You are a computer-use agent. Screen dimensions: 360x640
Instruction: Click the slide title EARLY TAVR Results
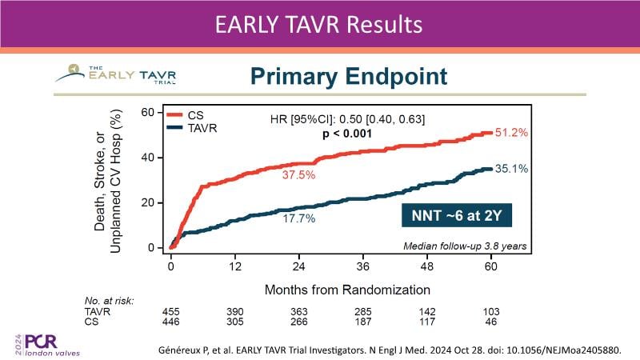tap(319, 25)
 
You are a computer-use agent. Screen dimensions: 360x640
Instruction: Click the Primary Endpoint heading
tap(348, 77)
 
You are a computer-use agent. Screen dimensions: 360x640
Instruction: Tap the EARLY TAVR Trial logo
tap(116, 74)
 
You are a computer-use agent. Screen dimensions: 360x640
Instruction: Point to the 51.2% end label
tap(512, 133)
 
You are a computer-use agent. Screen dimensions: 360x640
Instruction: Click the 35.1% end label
tap(512, 169)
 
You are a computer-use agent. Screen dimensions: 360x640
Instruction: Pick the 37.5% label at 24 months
tap(298, 174)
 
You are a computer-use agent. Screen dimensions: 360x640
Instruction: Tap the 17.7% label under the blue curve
tap(298, 218)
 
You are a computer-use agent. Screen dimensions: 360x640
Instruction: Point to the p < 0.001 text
tap(347, 134)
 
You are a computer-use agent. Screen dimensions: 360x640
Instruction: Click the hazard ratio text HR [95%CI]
tap(347, 120)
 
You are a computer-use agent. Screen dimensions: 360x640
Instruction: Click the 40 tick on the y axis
tap(147, 157)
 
